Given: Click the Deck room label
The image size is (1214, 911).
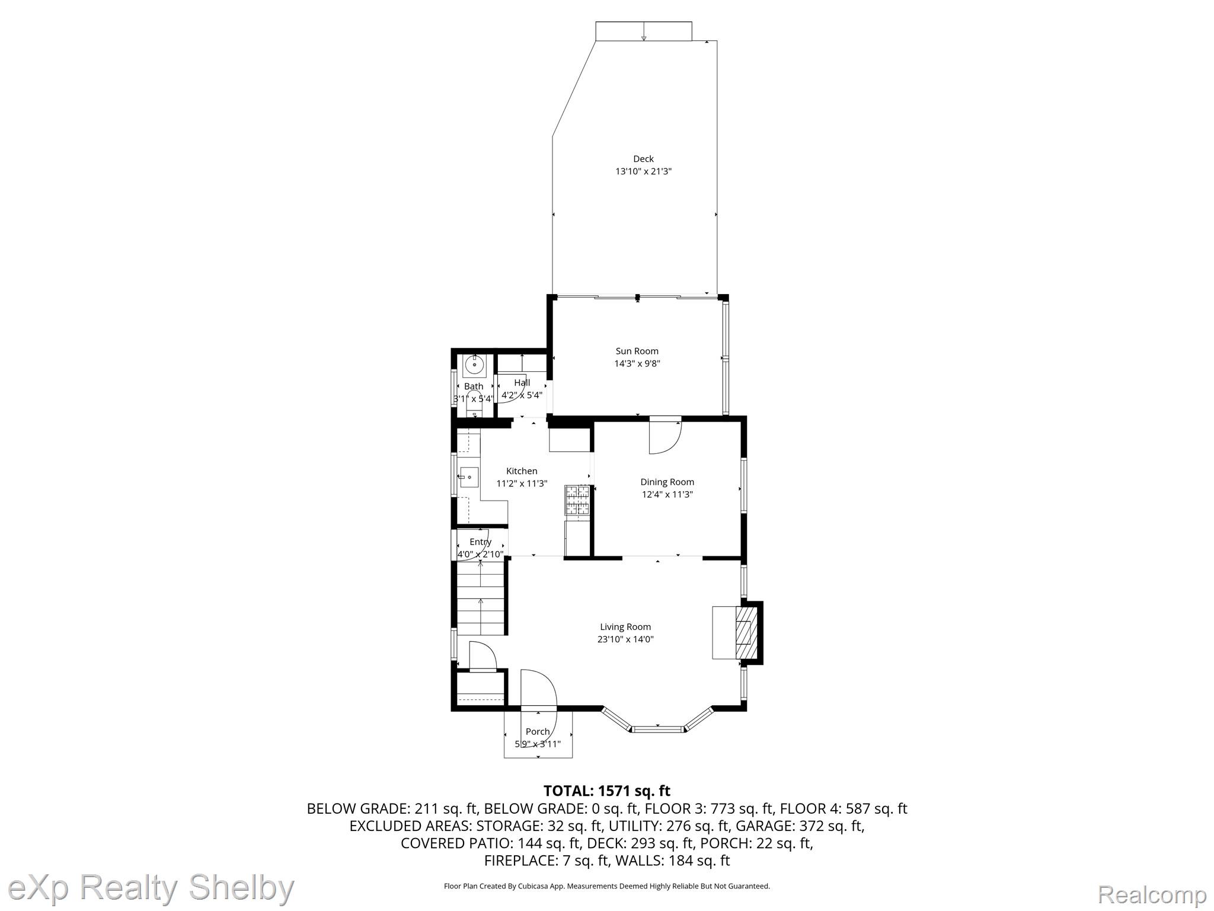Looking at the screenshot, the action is point(643,159).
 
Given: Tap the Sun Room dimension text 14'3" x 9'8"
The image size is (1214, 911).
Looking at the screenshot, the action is point(637,364).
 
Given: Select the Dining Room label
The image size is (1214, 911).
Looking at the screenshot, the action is point(667,482).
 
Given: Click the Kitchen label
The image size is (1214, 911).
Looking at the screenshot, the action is point(522,472).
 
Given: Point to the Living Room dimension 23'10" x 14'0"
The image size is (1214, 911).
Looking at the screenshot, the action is point(625,639).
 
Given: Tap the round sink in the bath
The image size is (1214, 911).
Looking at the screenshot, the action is point(475,365).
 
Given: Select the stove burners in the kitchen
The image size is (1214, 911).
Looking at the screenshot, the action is point(577,499).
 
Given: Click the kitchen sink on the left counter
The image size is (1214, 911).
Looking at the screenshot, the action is point(469,477).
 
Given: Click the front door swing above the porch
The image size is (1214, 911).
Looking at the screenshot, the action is point(539,689).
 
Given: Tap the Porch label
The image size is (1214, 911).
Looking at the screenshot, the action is point(538,732).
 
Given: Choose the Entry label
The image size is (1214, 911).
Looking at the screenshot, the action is point(480,542).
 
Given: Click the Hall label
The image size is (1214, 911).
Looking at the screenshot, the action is point(522,383).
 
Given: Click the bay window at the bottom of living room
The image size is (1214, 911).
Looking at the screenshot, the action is point(657,719).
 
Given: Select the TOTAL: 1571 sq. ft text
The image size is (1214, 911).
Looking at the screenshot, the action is point(607,791).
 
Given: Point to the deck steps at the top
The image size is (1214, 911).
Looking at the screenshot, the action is point(644,31).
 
